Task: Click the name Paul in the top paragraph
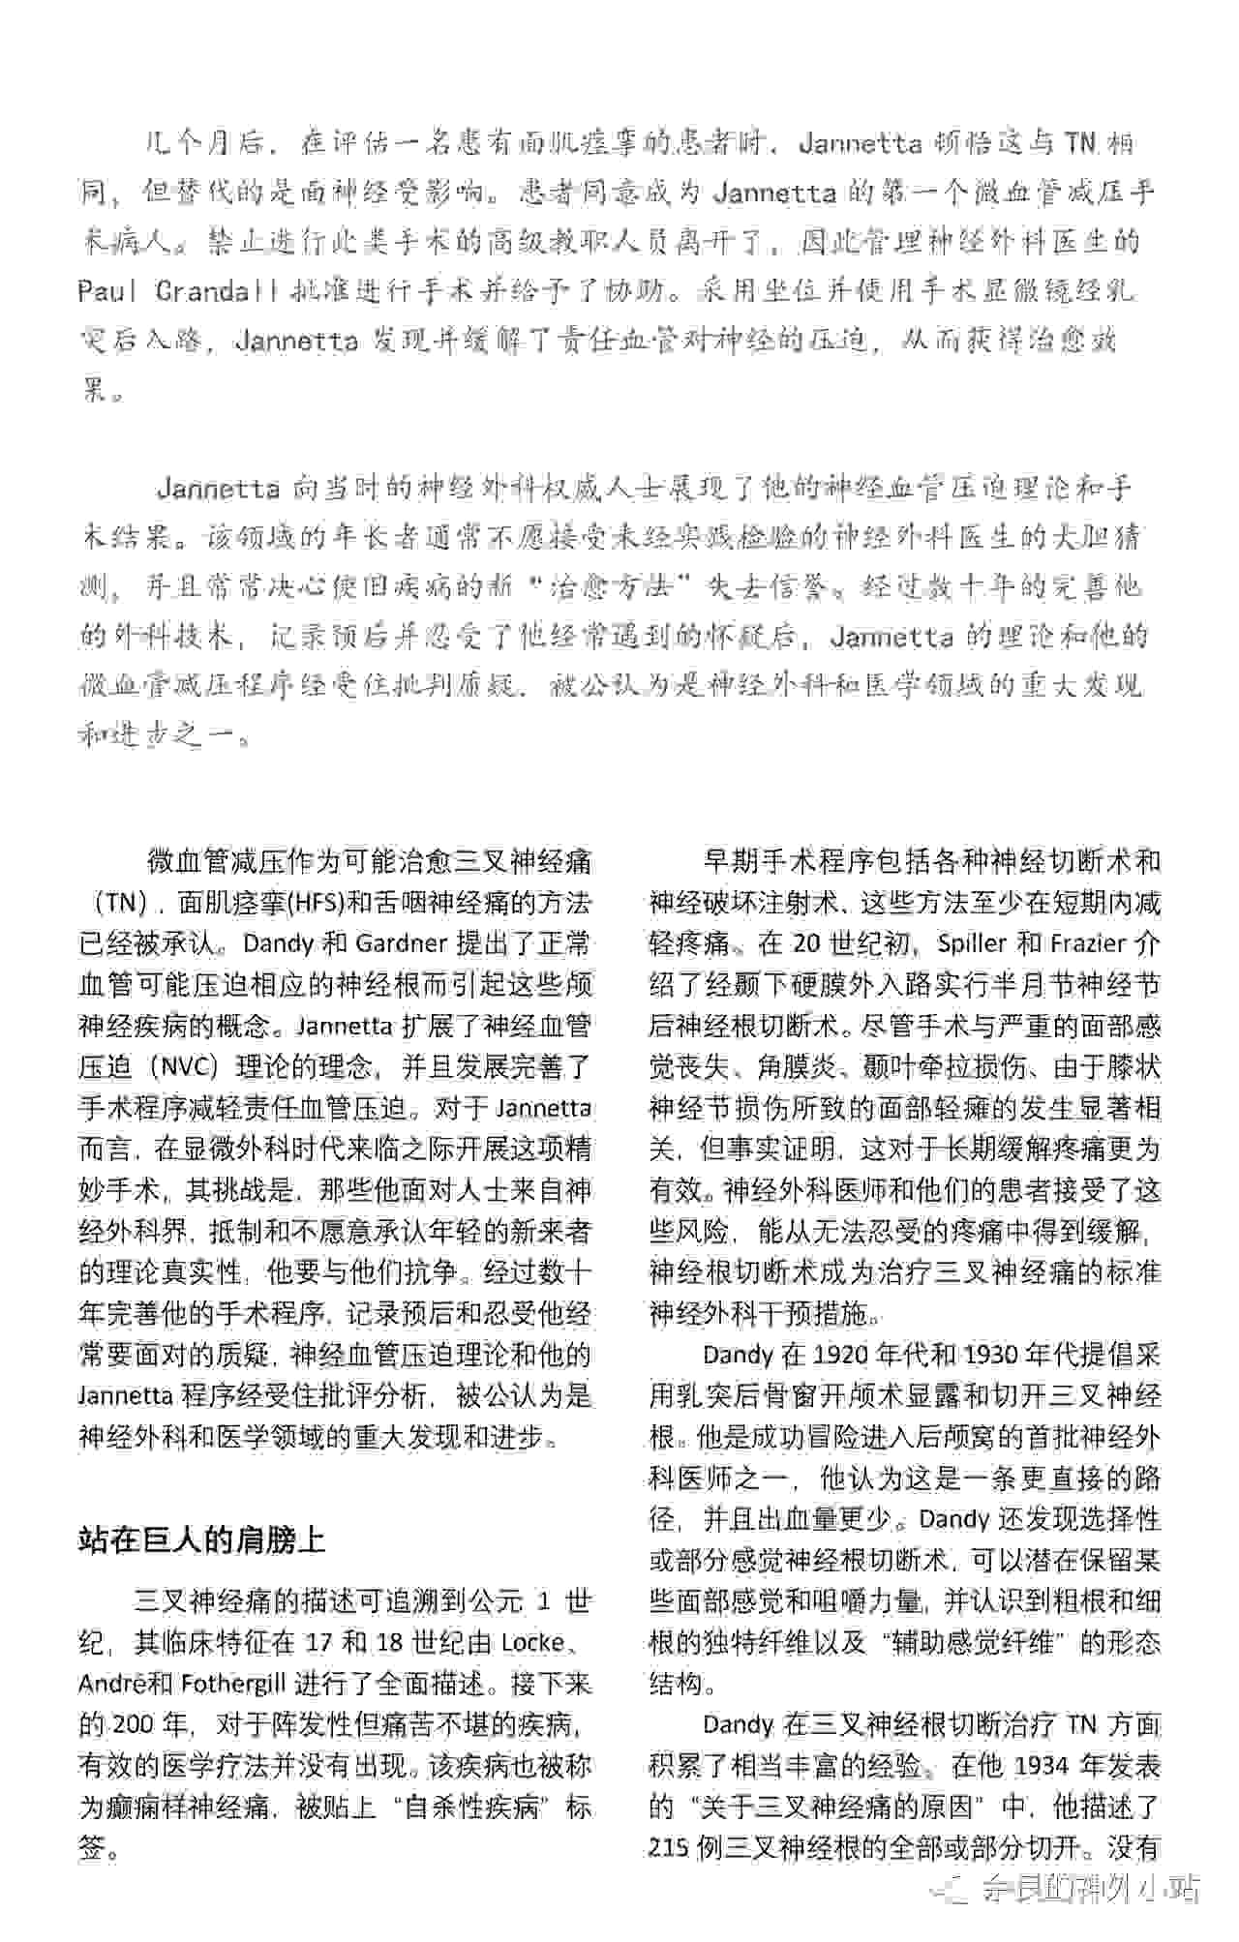click(107, 291)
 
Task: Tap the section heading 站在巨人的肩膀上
click(201, 1539)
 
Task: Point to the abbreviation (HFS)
click(316, 903)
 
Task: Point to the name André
click(114, 1684)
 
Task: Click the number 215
click(670, 1848)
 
